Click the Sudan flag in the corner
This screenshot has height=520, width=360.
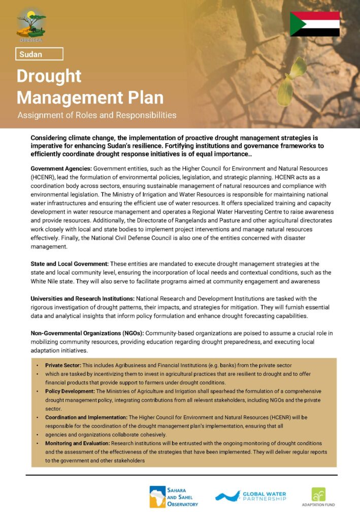(315, 24)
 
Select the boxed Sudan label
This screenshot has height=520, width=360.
(39, 53)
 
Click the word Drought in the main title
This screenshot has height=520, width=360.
(49, 76)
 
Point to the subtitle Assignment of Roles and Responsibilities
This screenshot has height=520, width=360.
(97, 115)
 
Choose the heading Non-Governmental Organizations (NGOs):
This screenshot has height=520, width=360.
(87, 333)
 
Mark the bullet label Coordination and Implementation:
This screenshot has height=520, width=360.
(86, 417)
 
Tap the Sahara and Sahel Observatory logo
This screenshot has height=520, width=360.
(174, 496)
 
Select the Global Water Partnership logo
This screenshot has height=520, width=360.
(250, 496)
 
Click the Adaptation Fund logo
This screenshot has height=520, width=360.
(318, 497)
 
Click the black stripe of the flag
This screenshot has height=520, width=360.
(320, 32)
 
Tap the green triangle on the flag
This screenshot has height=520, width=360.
(296, 24)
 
